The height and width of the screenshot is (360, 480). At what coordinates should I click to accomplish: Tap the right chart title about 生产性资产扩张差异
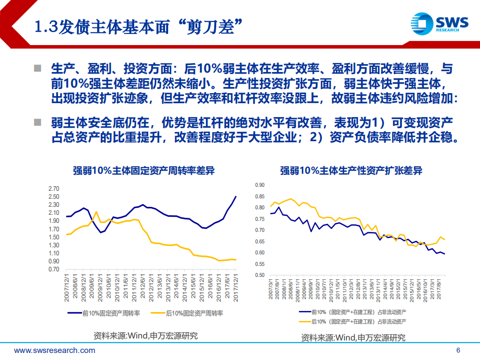pyautogui.click(x=351, y=170)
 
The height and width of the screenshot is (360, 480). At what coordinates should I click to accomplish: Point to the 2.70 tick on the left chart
pyautogui.click(x=53, y=189)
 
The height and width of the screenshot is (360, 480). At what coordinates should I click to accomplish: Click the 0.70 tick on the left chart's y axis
pyautogui.click(x=53, y=269)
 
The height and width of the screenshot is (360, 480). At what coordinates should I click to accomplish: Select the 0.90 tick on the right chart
pyautogui.click(x=259, y=185)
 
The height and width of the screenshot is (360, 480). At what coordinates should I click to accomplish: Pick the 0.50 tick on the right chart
pyautogui.click(x=259, y=275)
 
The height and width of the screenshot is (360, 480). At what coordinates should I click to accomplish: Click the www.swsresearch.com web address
pyautogui.click(x=55, y=350)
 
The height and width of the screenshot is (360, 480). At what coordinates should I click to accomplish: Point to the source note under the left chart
pyautogui.click(x=146, y=335)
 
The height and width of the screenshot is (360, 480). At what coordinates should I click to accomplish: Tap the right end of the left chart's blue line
pyautogui.click(x=236, y=197)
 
